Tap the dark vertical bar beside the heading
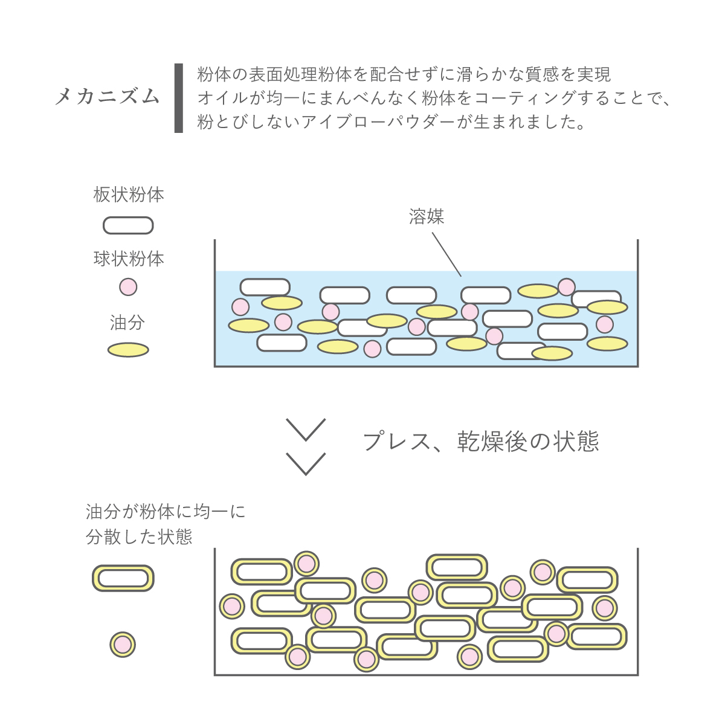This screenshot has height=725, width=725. click(179, 98)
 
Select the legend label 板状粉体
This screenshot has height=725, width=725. click(129, 195)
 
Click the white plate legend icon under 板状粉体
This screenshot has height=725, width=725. click(128, 225)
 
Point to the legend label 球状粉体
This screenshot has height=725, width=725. click(129, 259)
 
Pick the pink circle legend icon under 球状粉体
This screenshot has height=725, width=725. click(128, 287)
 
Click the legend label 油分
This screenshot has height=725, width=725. click(127, 323)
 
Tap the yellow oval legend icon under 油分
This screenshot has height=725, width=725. click(128, 350)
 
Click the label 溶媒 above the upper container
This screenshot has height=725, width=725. click(427, 216)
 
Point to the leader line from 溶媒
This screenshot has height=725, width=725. click(446, 254)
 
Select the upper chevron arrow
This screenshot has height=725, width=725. click(306, 430)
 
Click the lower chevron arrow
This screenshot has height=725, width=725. click(306, 464)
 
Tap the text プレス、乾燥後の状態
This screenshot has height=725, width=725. click(481, 441)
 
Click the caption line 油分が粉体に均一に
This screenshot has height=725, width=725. click(166, 512)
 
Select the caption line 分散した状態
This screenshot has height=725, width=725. click(139, 536)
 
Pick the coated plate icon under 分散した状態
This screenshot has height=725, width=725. click(123, 578)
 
